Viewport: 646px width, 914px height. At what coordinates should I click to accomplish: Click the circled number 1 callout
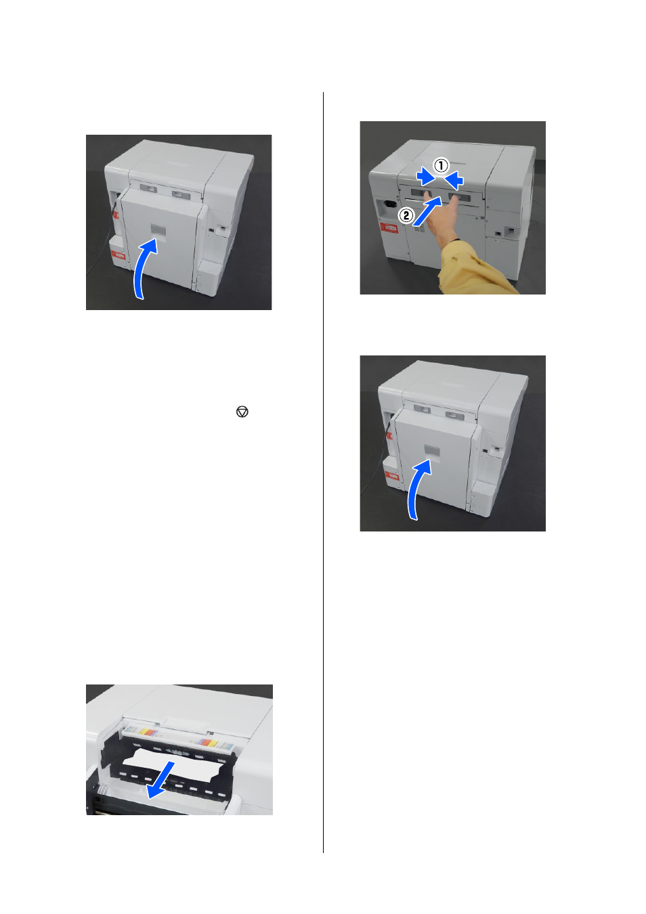point(441,166)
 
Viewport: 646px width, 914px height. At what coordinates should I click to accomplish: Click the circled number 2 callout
point(406,215)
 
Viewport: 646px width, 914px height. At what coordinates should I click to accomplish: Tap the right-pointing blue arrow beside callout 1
point(425,177)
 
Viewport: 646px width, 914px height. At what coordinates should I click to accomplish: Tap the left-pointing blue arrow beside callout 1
point(454,179)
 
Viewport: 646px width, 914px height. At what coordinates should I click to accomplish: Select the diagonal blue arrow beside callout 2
point(427,211)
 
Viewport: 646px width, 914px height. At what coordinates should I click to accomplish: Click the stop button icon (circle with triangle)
point(242,412)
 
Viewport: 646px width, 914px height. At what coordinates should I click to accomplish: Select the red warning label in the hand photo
point(389,227)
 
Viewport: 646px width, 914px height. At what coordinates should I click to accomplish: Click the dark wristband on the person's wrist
point(454,241)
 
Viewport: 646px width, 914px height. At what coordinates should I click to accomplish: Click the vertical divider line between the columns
point(323,472)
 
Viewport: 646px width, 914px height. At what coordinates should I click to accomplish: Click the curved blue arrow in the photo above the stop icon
point(143,268)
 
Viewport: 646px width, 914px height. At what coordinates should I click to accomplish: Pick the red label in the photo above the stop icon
point(119,255)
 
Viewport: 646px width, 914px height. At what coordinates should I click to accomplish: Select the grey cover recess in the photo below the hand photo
point(432,451)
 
